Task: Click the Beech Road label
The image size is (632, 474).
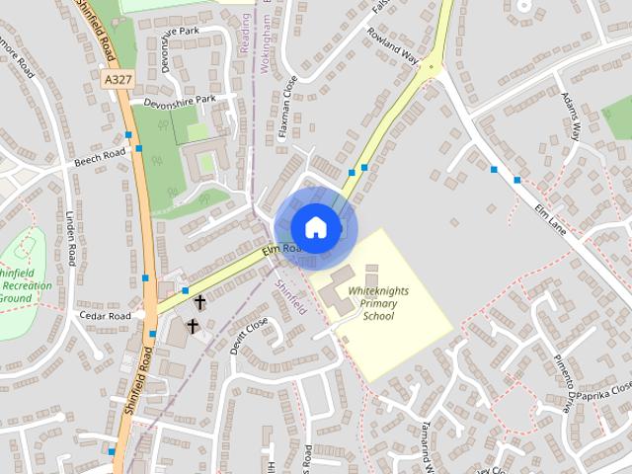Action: coord(100,156)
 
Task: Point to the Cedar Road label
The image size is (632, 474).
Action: coord(105,316)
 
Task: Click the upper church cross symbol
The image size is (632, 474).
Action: coord(199,300)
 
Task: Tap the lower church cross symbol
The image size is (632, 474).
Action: coord(192,325)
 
